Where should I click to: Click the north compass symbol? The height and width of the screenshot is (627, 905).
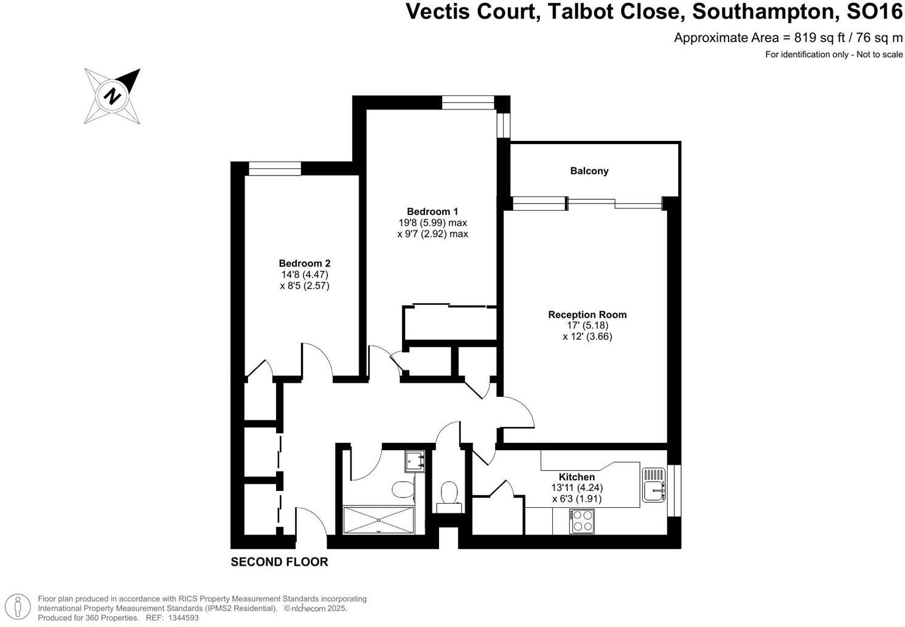[x=113, y=96]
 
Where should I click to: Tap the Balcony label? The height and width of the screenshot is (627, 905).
[x=589, y=171]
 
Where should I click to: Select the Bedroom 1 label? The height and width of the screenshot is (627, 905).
[x=432, y=211]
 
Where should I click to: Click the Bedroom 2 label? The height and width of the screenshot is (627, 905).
[x=304, y=263]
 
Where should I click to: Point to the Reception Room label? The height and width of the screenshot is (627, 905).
[x=587, y=314]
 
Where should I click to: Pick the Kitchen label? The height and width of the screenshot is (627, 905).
[x=577, y=477]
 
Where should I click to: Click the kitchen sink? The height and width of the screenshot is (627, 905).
[x=653, y=484]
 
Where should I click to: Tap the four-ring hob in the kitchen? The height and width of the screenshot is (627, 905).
[x=582, y=521]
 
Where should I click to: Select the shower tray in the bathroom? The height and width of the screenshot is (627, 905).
[x=378, y=520]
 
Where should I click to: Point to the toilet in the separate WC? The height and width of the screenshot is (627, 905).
[x=449, y=492]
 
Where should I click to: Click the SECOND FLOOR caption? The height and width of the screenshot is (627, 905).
[x=279, y=562]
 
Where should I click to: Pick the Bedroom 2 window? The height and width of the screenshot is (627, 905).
[x=275, y=168]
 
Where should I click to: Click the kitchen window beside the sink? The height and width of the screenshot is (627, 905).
[x=674, y=491]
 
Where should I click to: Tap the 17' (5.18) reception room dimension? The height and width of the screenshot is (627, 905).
[x=587, y=325]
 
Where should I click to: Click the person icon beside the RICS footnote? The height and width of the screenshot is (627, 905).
[x=19, y=607]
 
